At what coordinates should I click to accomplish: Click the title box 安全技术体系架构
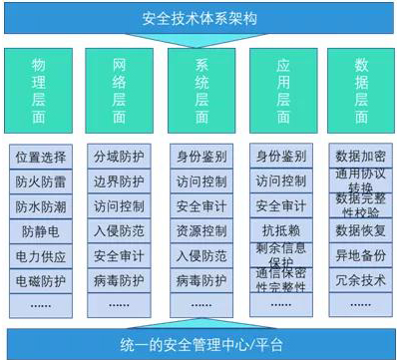pyautogui.click(x=198, y=16)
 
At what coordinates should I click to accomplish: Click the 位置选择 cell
pyautogui.click(x=40, y=157)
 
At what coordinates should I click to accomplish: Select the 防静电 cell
pyautogui.click(x=40, y=231)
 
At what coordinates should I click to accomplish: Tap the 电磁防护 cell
pyautogui.click(x=40, y=281)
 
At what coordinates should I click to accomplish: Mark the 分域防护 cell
pyautogui.click(x=119, y=157)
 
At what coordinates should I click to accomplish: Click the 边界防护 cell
pyautogui.click(x=119, y=181)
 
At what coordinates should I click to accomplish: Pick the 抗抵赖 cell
pyautogui.click(x=279, y=230)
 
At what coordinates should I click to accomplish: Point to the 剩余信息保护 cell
pyautogui.click(x=279, y=257)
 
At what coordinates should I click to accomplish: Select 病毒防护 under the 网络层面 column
pyautogui.click(x=119, y=281)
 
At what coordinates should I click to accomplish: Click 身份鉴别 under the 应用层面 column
pyautogui.click(x=279, y=157)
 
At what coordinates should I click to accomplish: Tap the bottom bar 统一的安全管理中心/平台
pyautogui.click(x=198, y=342)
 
